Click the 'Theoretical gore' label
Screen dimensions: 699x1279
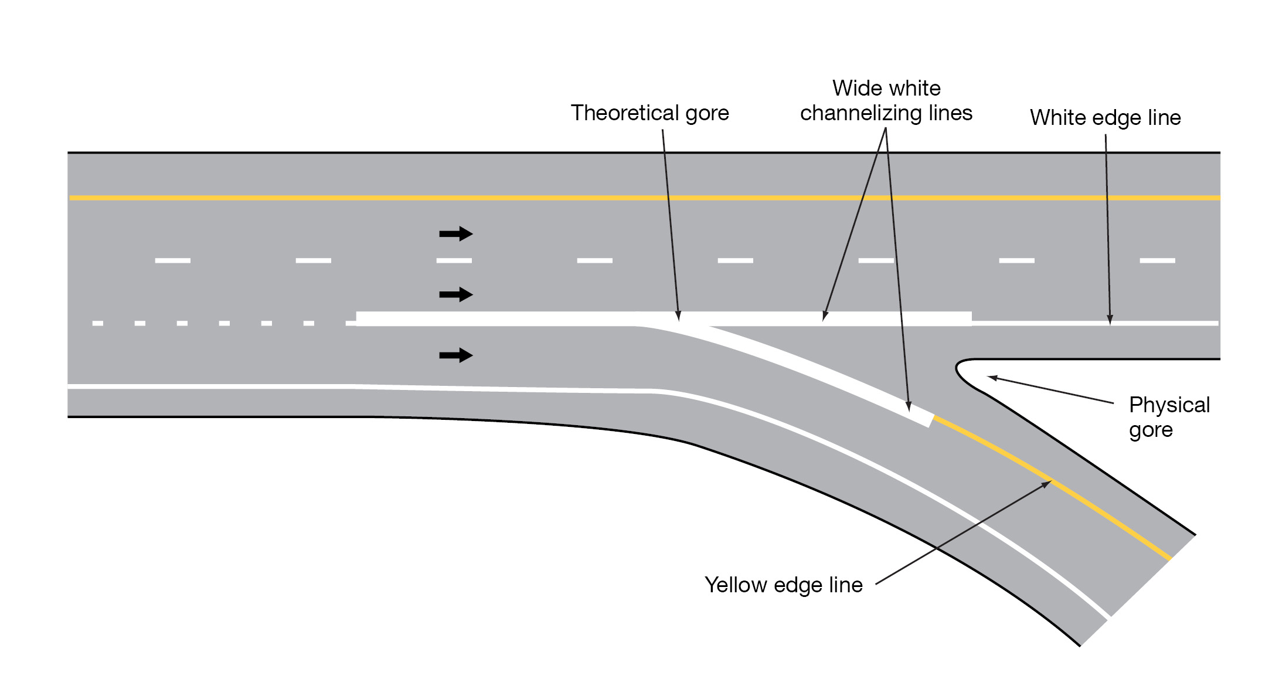coord(649,113)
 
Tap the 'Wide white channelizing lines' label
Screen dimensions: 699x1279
coord(886,100)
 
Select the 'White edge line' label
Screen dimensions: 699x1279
coord(1105,118)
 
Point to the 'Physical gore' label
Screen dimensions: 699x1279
coord(1169,417)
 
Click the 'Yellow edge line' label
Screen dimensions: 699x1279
coord(783,585)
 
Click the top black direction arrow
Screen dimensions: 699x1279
coord(456,234)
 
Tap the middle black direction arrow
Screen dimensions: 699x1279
coord(456,294)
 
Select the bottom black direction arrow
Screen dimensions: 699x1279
coord(456,355)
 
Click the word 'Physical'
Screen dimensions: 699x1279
coord(1169,405)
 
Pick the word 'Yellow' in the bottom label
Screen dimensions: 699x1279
coord(736,585)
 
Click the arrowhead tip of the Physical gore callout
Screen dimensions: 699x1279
coord(989,377)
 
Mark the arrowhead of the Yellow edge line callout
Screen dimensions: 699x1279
coord(1049,483)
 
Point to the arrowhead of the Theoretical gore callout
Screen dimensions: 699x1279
coord(678,318)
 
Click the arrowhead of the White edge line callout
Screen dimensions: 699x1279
coord(1110,321)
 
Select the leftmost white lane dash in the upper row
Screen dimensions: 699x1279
coord(172,260)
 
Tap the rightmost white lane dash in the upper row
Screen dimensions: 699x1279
coord(1157,260)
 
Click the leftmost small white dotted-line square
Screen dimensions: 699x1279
coord(98,323)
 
